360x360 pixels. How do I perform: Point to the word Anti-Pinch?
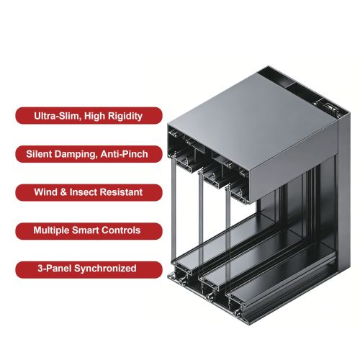124,154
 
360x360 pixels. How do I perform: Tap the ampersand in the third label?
63,192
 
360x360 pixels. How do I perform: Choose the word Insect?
84,192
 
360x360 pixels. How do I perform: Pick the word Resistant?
121,192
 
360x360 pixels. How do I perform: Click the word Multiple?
51,230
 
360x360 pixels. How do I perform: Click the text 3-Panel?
55,269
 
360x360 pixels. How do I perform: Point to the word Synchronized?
105,269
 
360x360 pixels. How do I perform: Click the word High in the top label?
94,117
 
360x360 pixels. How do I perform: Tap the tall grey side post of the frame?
343,192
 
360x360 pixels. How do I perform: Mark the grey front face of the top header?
293,166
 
